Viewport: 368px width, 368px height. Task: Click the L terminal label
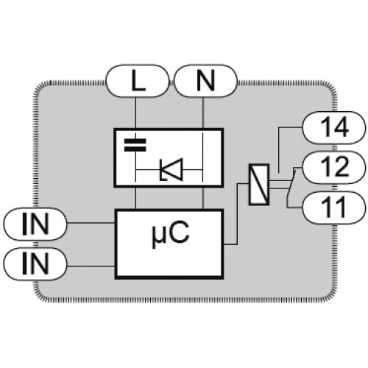click(x=138, y=81)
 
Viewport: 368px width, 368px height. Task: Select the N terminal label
click(x=205, y=81)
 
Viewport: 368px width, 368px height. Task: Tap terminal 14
click(x=334, y=127)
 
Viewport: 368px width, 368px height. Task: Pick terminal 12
click(x=334, y=167)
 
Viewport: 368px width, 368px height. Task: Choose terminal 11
click(x=334, y=208)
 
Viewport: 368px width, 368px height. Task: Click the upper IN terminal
click(x=35, y=224)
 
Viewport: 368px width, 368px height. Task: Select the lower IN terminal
click(x=35, y=264)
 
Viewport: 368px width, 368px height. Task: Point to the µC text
click(x=171, y=234)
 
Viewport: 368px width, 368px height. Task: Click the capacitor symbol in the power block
click(x=135, y=145)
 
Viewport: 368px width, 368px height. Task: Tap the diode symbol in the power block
click(x=171, y=169)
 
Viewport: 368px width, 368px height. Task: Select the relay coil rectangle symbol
click(x=259, y=185)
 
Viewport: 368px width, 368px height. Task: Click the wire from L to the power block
click(x=135, y=113)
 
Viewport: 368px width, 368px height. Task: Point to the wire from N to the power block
click(x=202, y=113)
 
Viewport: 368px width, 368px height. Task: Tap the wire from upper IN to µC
click(x=91, y=223)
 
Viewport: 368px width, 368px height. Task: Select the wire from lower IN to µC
click(x=91, y=266)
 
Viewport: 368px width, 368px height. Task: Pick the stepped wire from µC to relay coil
click(x=237, y=213)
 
